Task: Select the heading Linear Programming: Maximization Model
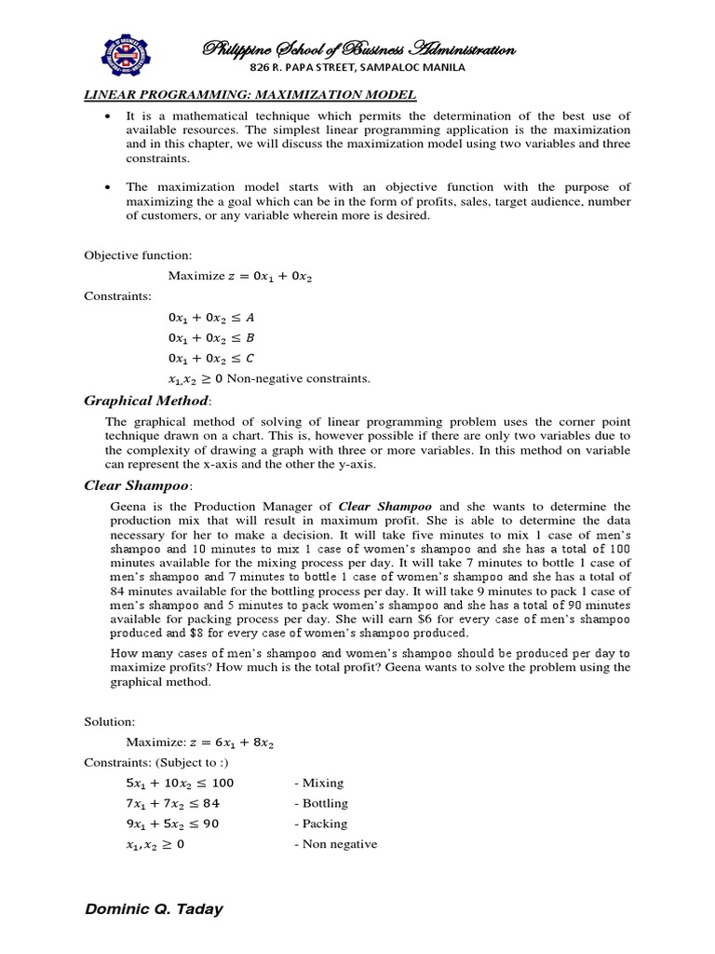pyautogui.click(x=250, y=96)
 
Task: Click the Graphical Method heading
pyautogui.click(x=148, y=402)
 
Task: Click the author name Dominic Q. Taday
pyautogui.click(x=154, y=909)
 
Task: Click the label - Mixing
pyautogui.click(x=318, y=784)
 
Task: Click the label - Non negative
pyautogui.click(x=335, y=844)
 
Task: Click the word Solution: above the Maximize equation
pyautogui.click(x=110, y=722)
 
